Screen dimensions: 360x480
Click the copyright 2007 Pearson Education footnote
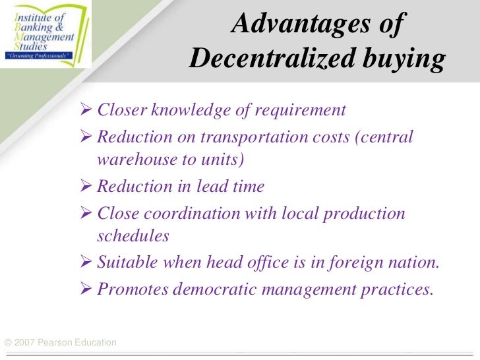point(60,342)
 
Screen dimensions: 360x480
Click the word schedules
point(133,235)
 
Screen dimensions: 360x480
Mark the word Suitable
point(125,263)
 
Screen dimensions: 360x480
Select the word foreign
point(347,263)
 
